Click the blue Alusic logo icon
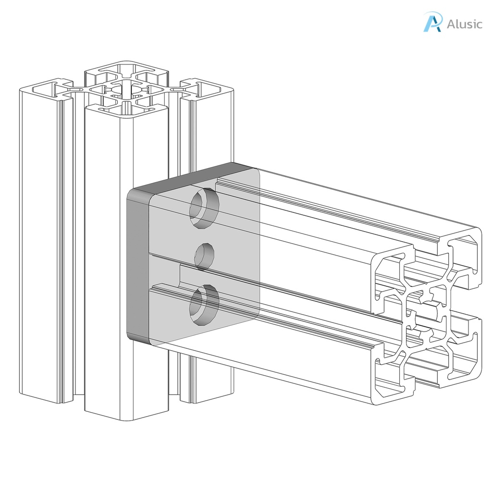coord(432,23)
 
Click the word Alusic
coord(464,24)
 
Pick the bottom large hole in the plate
coord(204,305)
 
